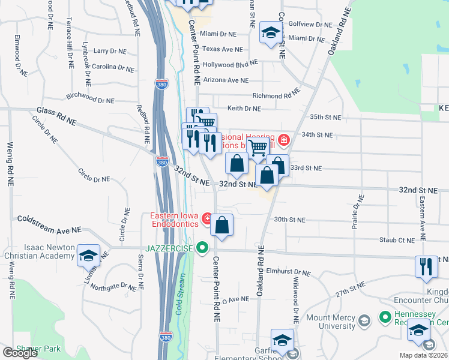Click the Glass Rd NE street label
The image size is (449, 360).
[x=56, y=116]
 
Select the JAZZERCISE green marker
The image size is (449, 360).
[x=202, y=247]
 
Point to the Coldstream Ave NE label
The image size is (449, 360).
[x=49, y=224]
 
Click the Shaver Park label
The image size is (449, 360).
[x=36, y=348]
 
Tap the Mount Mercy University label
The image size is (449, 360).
[x=330, y=322]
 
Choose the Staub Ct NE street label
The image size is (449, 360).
[x=396, y=240]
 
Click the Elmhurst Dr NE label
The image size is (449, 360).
[x=288, y=272]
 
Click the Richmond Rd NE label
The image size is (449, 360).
[x=276, y=95]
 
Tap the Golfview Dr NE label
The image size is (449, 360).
[x=310, y=25]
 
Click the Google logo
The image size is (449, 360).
[x=20, y=353]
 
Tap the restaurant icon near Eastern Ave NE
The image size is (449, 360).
[x=426, y=266]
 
